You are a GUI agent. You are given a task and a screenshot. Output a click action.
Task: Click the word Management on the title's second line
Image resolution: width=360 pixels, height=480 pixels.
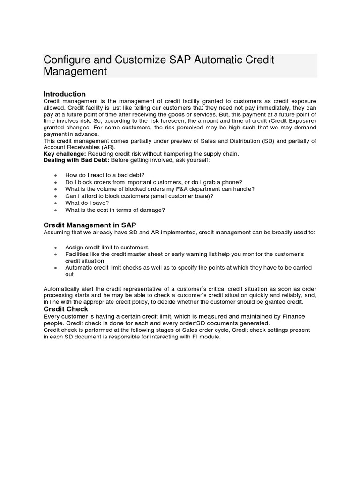75,72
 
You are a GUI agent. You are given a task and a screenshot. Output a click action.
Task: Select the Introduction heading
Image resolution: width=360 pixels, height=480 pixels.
64,94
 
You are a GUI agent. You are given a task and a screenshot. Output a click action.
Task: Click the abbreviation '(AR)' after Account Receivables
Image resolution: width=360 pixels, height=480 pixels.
107,147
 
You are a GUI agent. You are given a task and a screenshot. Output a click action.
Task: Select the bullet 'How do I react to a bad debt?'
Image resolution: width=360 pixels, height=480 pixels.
105,175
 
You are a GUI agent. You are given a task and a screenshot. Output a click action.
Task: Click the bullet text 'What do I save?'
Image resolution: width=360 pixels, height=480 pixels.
87,203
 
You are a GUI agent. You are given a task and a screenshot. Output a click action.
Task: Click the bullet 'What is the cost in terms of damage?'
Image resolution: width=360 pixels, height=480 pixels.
115,210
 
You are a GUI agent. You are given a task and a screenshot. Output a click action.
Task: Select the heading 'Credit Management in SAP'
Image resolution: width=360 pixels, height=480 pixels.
90,225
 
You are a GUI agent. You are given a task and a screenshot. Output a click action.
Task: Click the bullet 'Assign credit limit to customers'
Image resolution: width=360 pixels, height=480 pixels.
107,247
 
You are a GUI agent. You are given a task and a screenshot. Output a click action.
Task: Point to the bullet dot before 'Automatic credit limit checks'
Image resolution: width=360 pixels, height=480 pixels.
56,268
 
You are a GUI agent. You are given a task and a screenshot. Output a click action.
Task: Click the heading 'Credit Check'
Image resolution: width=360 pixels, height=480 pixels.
66,309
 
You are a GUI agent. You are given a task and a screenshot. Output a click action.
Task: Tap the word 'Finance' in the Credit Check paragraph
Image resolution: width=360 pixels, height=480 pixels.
299,316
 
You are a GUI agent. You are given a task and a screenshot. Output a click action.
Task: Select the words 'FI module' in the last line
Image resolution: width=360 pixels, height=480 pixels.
205,337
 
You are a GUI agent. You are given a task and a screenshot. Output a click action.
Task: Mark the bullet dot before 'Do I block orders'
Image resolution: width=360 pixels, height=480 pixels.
56,182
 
